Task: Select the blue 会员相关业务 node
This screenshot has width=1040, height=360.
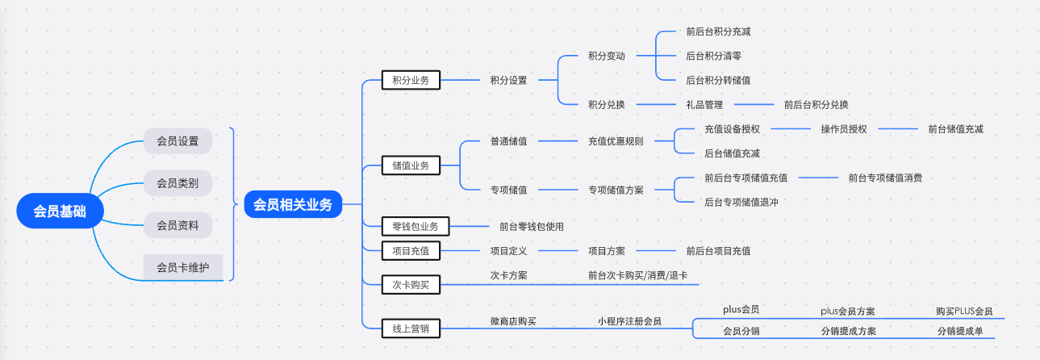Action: click(x=292, y=205)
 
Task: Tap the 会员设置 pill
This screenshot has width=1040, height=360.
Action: click(x=178, y=141)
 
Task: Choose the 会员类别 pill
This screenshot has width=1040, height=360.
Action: click(x=178, y=183)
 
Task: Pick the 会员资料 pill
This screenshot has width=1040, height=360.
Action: click(x=178, y=225)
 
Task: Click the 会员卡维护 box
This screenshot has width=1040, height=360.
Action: click(x=183, y=267)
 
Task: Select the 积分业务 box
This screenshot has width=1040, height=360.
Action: click(x=411, y=80)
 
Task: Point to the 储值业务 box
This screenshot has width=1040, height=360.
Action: click(x=411, y=165)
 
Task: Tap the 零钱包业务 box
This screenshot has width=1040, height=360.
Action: click(x=416, y=226)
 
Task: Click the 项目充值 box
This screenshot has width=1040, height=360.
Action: click(x=411, y=251)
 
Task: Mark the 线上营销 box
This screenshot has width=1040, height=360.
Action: click(x=411, y=327)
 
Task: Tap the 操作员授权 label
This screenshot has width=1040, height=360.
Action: click(x=844, y=129)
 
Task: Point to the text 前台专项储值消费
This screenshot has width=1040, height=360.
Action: click(x=885, y=178)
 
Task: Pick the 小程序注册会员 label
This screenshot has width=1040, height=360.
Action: click(x=629, y=321)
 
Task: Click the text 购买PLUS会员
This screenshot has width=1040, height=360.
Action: click(x=964, y=312)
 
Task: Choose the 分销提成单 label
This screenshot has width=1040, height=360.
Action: click(x=960, y=331)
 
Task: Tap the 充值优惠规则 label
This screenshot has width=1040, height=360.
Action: click(x=616, y=141)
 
